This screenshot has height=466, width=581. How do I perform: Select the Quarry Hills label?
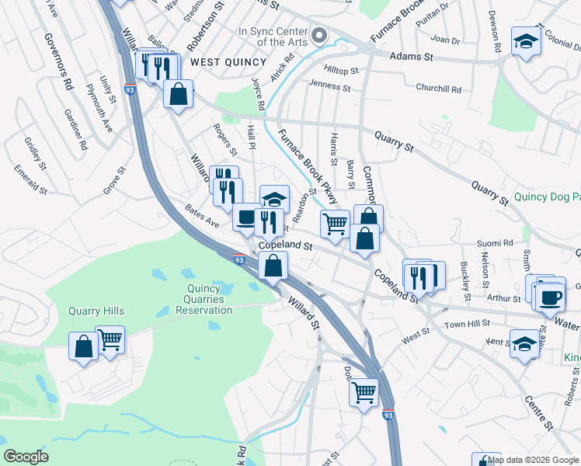[x=96, y=311]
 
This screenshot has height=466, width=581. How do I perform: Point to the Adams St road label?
[x=411, y=57]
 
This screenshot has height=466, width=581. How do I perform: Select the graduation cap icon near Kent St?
[x=524, y=343]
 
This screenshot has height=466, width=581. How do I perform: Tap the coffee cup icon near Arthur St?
[x=551, y=297]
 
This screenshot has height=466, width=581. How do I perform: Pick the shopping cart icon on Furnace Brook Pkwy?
[x=335, y=224]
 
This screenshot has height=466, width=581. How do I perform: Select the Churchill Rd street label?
[x=440, y=88]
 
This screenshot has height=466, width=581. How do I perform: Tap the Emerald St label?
[x=30, y=178]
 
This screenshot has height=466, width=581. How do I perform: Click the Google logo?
[x=26, y=457]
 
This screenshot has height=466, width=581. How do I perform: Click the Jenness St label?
[x=329, y=83]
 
